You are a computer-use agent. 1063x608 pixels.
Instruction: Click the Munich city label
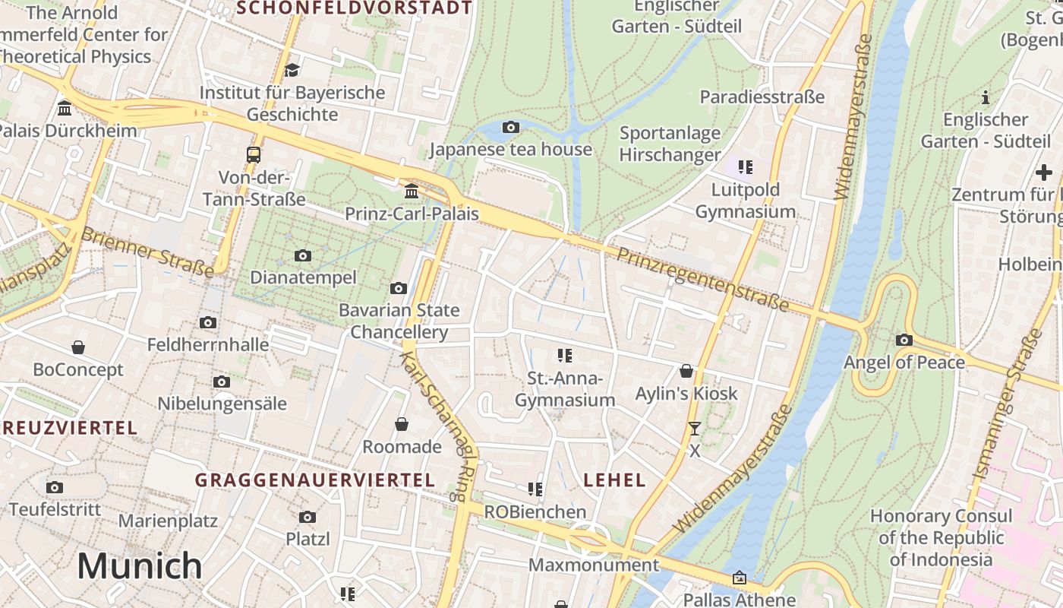coord(140,566)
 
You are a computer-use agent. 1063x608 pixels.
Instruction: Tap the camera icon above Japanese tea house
coord(511,127)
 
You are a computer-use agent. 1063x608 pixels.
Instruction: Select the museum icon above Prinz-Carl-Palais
coord(412,190)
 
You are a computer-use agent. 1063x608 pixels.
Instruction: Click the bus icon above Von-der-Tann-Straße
coord(254,155)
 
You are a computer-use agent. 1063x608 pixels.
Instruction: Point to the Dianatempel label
coord(303,277)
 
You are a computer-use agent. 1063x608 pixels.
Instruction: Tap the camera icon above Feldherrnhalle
coord(208,322)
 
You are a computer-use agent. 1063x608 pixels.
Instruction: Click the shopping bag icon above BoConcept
coord(78,347)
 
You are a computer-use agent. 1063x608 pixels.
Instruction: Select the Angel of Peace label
coord(904,362)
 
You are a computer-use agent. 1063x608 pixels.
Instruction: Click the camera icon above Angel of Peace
coord(904,340)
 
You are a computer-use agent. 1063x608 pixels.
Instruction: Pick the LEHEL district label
coord(615,480)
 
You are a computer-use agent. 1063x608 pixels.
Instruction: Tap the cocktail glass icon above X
coord(694,429)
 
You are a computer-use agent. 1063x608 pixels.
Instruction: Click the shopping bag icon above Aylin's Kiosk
coord(686,371)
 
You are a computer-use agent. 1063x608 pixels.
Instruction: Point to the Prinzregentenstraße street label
coord(702,278)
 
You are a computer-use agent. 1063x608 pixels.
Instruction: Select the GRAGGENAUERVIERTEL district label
coord(315,480)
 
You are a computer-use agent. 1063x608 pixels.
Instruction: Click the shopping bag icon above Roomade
coord(402,423)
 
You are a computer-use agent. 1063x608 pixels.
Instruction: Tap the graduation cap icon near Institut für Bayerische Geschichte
coord(292,70)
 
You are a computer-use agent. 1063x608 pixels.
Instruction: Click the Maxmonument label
coord(594,565)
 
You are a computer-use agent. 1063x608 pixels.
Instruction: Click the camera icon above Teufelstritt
coord(55,487)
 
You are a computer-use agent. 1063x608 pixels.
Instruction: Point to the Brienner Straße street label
coord(147,252)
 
